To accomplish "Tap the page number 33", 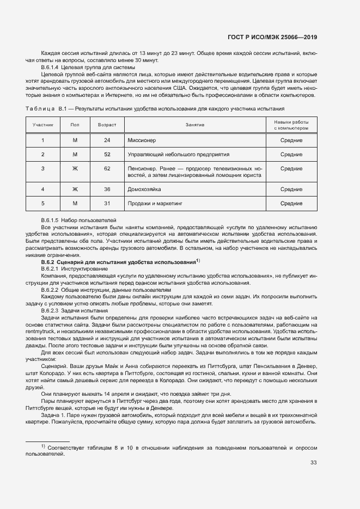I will (313, 463).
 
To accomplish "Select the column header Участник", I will (43, 125).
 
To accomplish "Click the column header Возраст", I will (107, 125).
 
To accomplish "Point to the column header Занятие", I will (194, 125).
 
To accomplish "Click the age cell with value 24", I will (107, 140).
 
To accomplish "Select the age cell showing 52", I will (107, 154).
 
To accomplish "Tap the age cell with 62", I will (107, 168).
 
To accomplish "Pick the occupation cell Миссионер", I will (142, 140).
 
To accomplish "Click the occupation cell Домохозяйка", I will (146, 189).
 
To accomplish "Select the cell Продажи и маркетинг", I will (155, 203).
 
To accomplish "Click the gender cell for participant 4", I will (75, 189).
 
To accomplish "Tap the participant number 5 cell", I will (43, 203).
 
